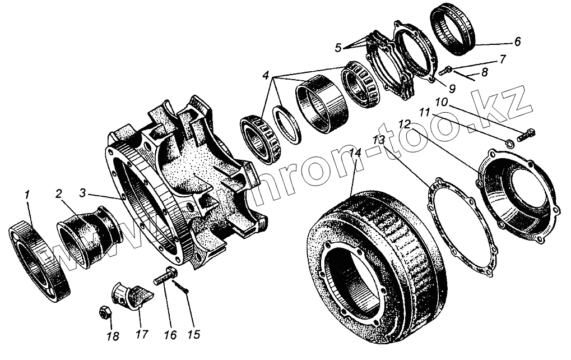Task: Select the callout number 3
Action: tap(83, 193)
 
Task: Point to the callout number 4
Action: tap(265, 75)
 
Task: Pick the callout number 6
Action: tap(517, 41)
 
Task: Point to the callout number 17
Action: tap(141, 335)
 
